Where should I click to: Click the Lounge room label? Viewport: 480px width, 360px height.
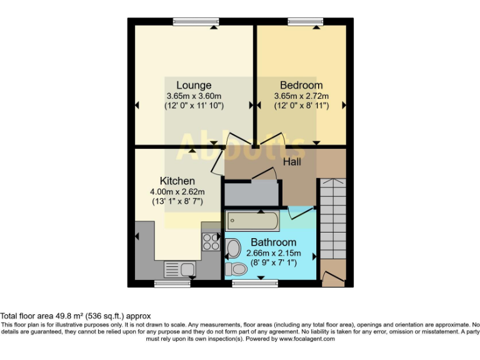coord(194,85)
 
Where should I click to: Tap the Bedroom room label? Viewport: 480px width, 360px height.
coord(301,85)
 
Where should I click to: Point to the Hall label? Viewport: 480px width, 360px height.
coord(292,162)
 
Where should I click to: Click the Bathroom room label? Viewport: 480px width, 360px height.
coord(273,242)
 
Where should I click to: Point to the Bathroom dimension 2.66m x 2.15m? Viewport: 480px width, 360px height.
coord(273,253)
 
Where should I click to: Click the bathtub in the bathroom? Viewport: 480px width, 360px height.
coord(253,221)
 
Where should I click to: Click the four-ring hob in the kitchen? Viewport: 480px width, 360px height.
coord(211,241)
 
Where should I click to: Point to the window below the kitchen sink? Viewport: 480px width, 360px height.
coord(172,283)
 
